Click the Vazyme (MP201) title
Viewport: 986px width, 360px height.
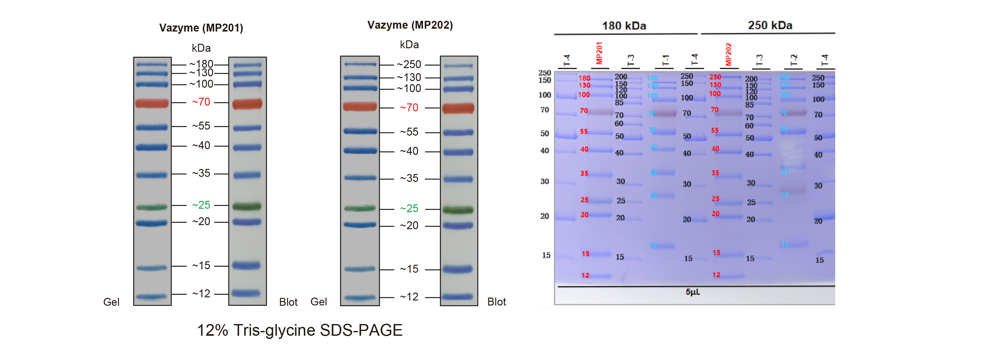point(201,28)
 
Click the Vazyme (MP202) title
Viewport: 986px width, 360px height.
point(410,25)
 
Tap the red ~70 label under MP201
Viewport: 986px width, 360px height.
point(201,102)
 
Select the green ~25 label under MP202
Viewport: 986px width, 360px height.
point(409,208)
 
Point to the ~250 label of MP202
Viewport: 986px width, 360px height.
point(409,65)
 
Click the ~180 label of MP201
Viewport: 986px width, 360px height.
point(201,64)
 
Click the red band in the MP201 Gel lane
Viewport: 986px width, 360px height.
point(152,103)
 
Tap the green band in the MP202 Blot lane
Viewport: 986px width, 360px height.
point(458,210)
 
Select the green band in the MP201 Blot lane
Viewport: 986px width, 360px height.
point(247,206)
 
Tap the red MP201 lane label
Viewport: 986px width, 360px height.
point(599,53)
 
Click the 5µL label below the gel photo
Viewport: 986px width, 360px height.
point(692,292)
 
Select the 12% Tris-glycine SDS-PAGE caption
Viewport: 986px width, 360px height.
point(300,330)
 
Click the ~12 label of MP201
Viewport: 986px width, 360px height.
point(201,294)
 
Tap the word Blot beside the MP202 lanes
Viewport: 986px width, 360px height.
point(496,302)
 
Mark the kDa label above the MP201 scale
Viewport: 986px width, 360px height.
point(201,48)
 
